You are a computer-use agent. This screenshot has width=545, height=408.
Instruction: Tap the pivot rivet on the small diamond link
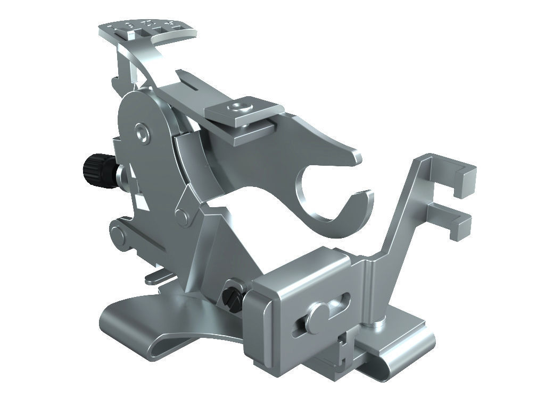coord(183,217)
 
